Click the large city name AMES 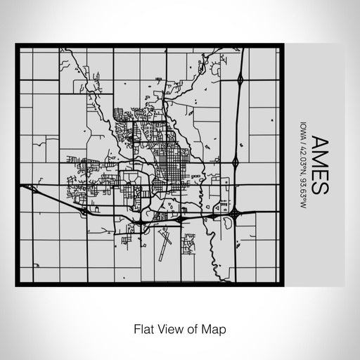pyautogui.click(x=317, y=164)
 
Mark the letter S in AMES pyautogui.click(x=317, y=187)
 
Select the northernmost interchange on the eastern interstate pyautogui.click(x=240, y=80)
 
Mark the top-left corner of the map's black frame pyautogui.click(x=18, y=46)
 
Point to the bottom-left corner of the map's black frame pyautogui.click(x=18, y=285)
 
